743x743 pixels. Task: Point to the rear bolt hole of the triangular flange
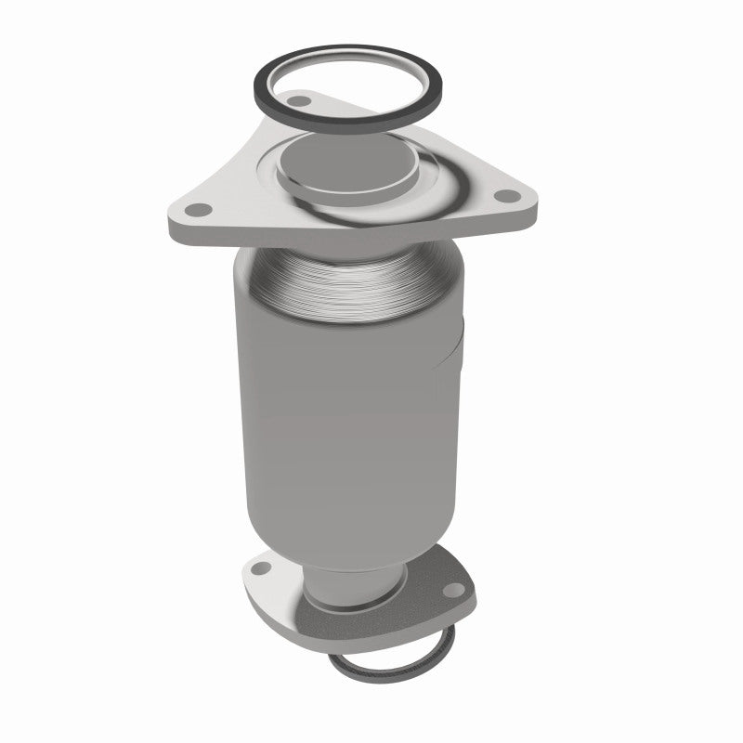(x=300, y=98)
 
